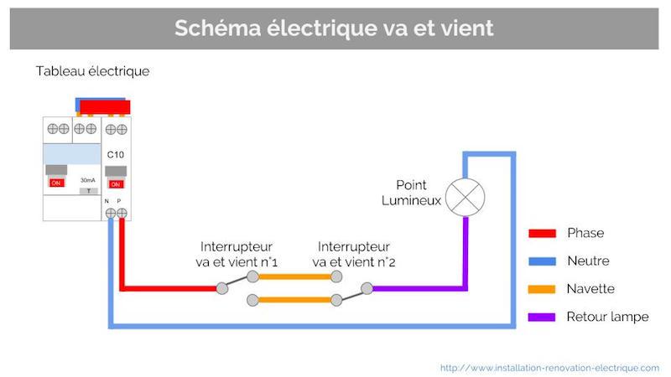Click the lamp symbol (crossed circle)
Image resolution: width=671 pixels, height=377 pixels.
tap(464, 198)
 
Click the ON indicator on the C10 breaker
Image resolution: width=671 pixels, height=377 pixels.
tap(116, 183)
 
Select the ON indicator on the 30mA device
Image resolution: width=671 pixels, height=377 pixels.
tap(57, 183)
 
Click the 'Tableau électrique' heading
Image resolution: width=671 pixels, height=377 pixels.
tap(92, 71)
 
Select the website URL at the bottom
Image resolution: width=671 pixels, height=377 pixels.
tap(549, 367)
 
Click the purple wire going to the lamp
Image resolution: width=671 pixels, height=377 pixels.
tap(419, 288)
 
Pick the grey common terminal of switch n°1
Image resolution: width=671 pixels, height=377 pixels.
tap(221, 288)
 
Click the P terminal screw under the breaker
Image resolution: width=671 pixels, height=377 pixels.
tap(122, 214)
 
